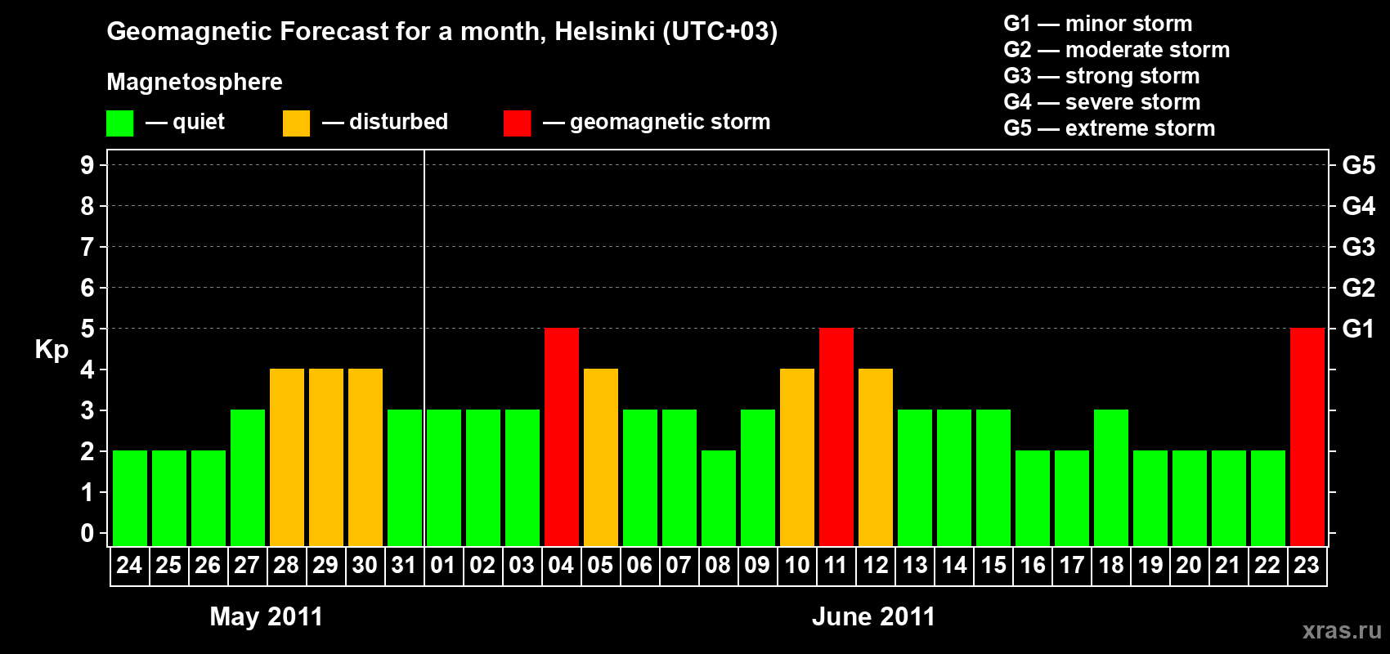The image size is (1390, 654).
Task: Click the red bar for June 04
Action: [562, 437]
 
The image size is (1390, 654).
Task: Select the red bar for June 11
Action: [836, 437]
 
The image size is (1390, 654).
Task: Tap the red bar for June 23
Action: [1307, 437]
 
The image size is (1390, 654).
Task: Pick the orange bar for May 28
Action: [287, 457]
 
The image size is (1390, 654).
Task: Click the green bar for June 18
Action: [1111, 477]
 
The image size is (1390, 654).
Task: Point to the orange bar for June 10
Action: [797, 457]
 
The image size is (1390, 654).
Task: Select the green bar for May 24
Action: [130, 498]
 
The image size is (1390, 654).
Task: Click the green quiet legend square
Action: [119, 123]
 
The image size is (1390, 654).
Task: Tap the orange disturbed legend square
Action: [296, 123]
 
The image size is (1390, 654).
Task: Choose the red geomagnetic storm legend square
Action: [517, 123]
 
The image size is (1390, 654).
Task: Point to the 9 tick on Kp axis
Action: [87, 165]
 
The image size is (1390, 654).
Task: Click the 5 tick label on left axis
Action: [87, 329]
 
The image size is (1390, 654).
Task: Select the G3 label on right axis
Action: [1358, 247]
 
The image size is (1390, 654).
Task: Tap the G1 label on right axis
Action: [1358, 329]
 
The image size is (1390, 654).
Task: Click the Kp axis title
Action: [52, 350]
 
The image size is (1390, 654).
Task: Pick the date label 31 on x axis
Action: [404, 565]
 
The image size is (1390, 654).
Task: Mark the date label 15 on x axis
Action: [993, 565]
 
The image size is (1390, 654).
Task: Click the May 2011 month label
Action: [267, 616]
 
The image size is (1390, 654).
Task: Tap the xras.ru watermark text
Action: [1342, 630]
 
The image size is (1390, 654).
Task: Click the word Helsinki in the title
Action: [604, 32]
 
